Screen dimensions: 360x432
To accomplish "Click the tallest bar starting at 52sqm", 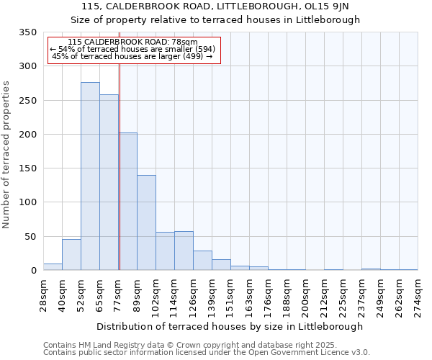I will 90,176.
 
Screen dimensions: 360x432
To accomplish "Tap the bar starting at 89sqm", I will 146,222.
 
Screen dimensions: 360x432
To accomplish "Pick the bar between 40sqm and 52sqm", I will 71,255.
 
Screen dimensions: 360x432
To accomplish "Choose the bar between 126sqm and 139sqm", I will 202,261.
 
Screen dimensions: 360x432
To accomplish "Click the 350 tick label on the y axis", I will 27,32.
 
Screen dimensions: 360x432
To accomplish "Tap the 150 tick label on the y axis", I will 27,168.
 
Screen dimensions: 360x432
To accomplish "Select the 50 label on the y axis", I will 30,237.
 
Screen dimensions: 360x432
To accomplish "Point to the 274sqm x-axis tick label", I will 418,295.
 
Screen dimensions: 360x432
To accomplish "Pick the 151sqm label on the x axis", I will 230,295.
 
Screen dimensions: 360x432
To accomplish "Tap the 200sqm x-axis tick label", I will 305,295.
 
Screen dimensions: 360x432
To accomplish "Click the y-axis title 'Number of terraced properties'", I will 7,155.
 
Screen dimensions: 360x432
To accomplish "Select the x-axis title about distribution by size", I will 230,326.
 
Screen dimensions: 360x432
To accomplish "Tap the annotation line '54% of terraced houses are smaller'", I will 132,49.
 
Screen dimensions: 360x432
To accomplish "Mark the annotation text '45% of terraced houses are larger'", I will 132,56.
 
